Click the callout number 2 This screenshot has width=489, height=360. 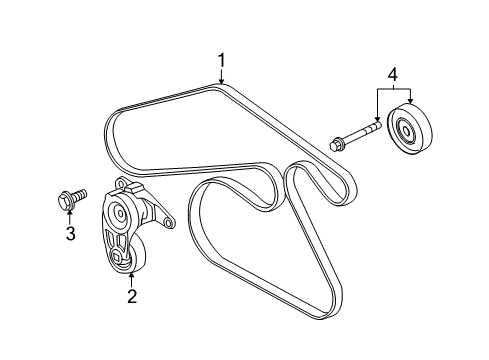point(130,295)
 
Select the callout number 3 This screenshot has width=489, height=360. point(71,234)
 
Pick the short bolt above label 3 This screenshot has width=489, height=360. point(70,201)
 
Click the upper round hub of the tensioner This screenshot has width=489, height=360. point(120,213)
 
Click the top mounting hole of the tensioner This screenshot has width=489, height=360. point(121,185)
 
